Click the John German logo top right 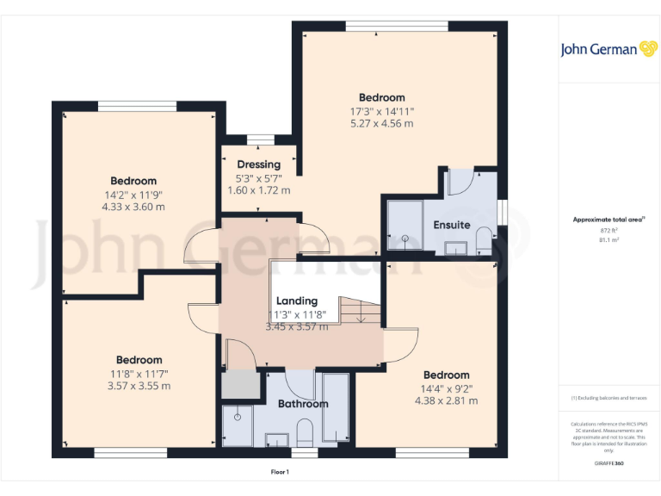tap(609, 49)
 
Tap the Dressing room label tap(259, 164)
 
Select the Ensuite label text tap(452, 225)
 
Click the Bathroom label tap(303, 403)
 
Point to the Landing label tap(297, 301)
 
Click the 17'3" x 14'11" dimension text tap(381, 111)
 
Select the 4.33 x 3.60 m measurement tap(133, 207)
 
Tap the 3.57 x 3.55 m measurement tap(139, 386)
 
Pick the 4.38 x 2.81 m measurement tap(446, 400)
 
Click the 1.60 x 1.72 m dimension tap(259, 189)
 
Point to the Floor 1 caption tap(280, 472)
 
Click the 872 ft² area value tap(608, 231)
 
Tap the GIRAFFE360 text tap(608, 463)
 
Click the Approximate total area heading tap(608, 220)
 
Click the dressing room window tap(259, 139)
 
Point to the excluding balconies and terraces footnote tap(608, 398)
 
